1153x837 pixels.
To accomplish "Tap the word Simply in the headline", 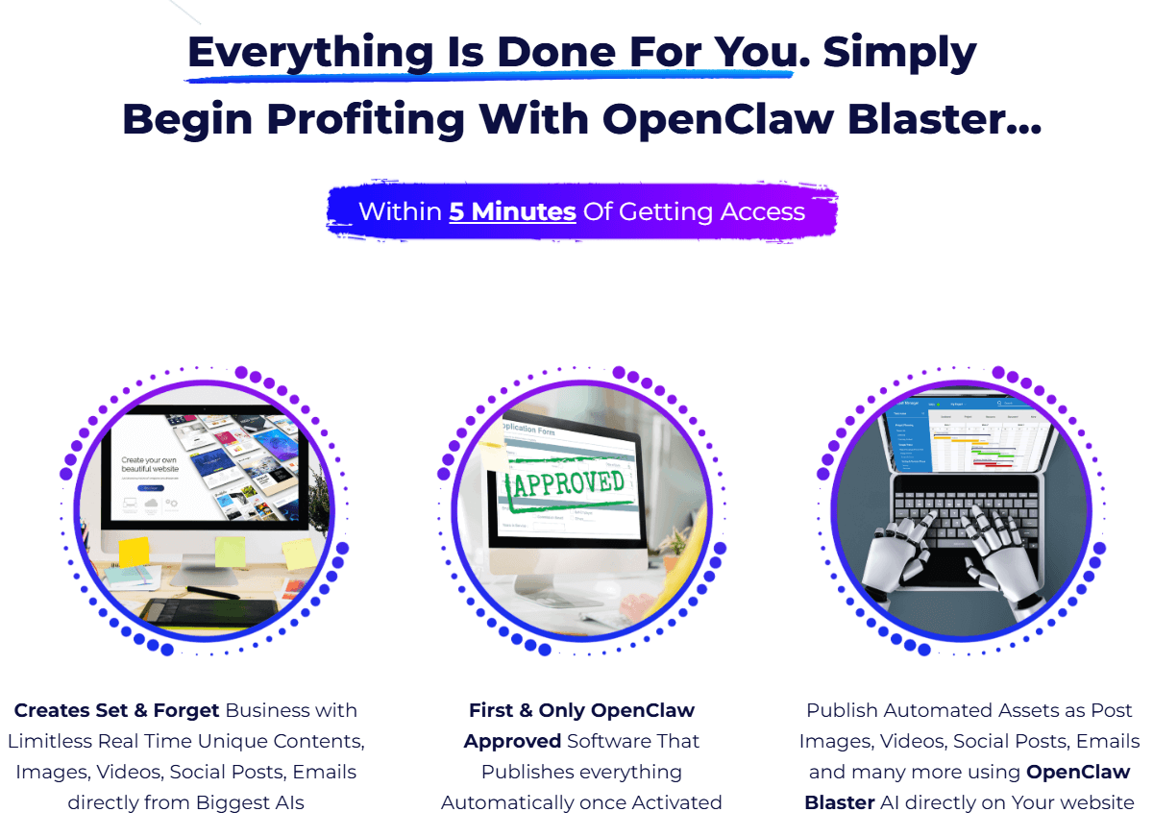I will click(899, 52).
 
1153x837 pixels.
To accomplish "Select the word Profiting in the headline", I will click(367, 119).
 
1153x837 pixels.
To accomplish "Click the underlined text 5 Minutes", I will click(512, 210).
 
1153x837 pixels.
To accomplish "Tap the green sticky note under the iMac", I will click(230, 552).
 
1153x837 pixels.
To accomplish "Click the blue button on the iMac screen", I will click(150, 488).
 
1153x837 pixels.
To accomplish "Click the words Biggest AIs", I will click(253, 802).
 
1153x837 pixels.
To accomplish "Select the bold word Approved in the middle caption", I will click(512, 742).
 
